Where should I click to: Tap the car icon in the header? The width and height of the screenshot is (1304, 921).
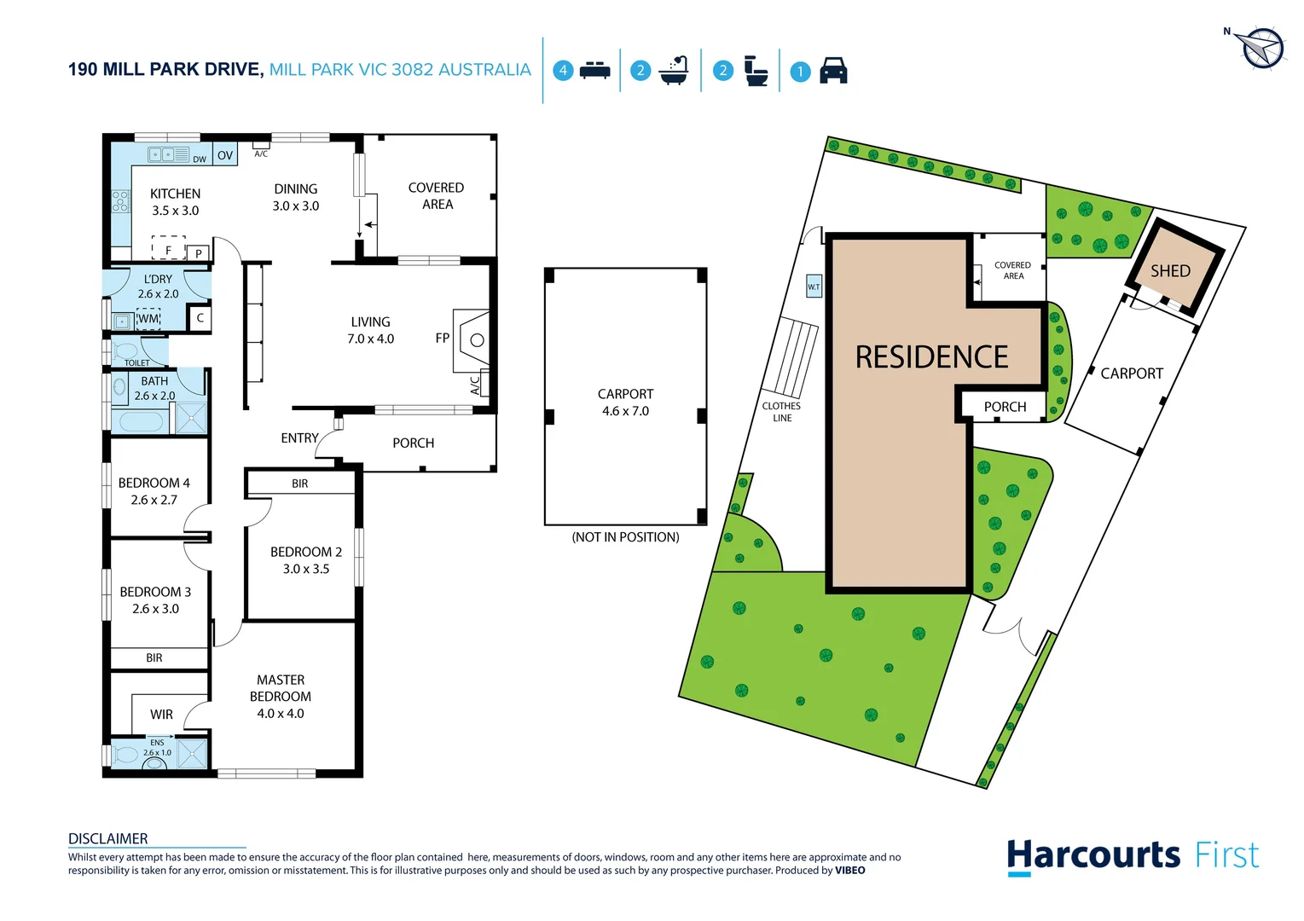833,71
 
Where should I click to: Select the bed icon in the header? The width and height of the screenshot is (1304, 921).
594,71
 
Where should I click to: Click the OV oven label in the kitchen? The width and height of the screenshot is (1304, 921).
225,155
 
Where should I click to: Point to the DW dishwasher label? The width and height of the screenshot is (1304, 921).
200,159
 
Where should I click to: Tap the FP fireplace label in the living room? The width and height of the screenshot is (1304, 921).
442,339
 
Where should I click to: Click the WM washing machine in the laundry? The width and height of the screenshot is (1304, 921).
148,319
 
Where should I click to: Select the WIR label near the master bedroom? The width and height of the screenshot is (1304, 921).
161,715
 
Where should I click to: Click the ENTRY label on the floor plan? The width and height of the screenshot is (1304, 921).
299,438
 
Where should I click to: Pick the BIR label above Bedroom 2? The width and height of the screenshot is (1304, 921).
299,484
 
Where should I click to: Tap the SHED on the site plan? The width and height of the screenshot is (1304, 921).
1170,271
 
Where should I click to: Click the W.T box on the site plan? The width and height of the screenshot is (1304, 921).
814,287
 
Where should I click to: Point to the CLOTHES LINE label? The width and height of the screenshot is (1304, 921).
781,412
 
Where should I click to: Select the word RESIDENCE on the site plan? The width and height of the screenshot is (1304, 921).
931,357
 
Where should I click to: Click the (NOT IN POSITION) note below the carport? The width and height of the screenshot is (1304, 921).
625,537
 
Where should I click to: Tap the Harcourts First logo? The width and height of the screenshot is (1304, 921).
1132,855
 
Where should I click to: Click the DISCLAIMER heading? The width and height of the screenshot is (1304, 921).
108,838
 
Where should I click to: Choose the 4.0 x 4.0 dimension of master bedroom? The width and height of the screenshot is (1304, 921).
281,714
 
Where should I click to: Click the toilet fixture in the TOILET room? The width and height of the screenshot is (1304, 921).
127,350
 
